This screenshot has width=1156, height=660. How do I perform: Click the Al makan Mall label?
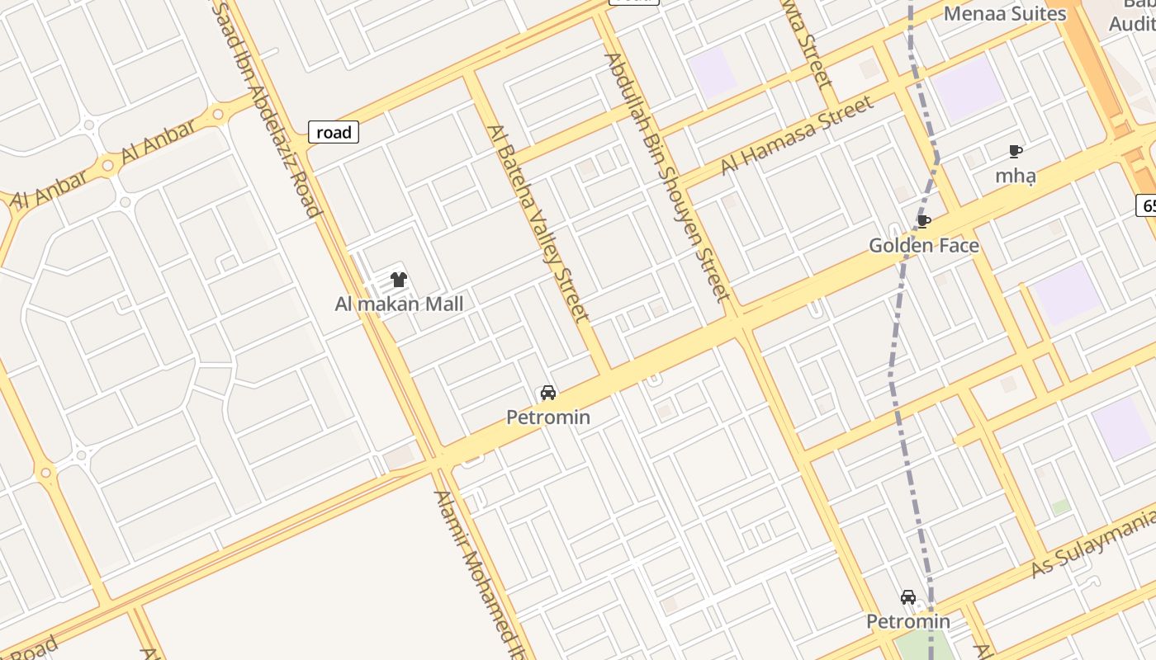[x=399, y=304]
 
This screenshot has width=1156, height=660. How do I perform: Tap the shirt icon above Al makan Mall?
[x=399, y=280]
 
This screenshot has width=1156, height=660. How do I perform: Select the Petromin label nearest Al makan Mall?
[x=548, y=417]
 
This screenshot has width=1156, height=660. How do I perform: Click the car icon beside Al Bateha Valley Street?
[x=548, y=393]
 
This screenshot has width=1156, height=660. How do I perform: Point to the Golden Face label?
[x=924, y=245]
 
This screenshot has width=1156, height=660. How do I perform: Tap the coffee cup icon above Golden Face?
[x=924, y=221]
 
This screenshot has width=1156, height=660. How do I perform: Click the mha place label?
[x=1015, y=176]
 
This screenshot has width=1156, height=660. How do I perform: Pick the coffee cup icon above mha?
[x=1015, y=152]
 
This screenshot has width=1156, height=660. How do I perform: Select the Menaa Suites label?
[x=1005, y=13]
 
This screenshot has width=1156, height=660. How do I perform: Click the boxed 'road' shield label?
[x=334, y=132]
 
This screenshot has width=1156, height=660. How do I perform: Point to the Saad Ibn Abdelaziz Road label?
[x=266, y=107]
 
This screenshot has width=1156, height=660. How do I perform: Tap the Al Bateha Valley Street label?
[x=538, y=223]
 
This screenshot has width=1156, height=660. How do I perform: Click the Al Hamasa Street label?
[x=797, y=134]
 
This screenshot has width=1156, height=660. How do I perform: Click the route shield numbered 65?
[x=1146, y=205]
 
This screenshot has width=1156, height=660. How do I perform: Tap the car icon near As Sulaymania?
[x=908, y=597]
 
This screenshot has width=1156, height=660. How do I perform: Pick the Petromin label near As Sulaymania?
[x=908, y=621]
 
